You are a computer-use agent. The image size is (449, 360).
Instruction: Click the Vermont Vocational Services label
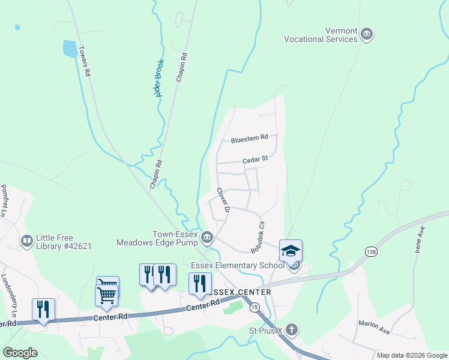pos(324,35)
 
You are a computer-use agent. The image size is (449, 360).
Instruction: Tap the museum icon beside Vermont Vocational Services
pos(367,35)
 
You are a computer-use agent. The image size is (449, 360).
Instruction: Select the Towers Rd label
pos(83,61)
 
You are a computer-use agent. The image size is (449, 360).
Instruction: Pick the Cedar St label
pos(255,160)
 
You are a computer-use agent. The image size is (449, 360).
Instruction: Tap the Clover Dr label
pos(223,200)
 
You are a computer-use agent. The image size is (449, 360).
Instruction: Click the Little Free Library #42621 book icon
pos(26,241)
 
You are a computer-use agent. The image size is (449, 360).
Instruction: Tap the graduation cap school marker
pos(291,251)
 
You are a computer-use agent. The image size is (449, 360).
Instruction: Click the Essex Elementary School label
pos(238,265)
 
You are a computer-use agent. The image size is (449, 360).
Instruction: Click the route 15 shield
pos(255,307)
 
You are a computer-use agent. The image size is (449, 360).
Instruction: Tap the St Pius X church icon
pos(291,329)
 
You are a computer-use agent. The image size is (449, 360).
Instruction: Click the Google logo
pos(20,353)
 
